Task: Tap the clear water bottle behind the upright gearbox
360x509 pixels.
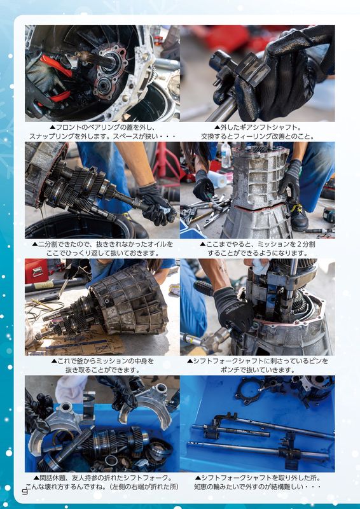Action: (226, 155)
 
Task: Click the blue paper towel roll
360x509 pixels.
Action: (218, 179)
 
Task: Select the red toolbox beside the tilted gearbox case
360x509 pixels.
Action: (36, 271)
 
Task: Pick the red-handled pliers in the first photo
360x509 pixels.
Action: (56, 78)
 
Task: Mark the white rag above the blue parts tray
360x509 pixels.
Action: (71, 389)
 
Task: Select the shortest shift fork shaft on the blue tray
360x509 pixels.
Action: (230, 431)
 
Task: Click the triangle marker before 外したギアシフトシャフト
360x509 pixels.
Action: (217, 127)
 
